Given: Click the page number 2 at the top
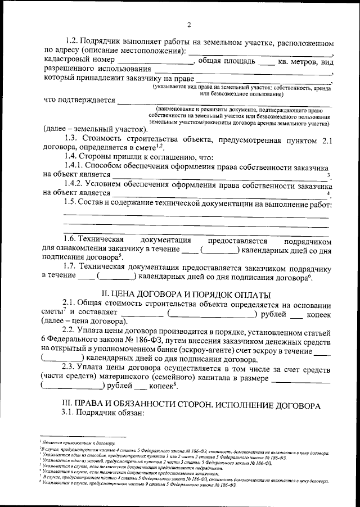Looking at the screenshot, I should (x=190, y=25).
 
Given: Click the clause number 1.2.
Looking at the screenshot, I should (x=73, y=42).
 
